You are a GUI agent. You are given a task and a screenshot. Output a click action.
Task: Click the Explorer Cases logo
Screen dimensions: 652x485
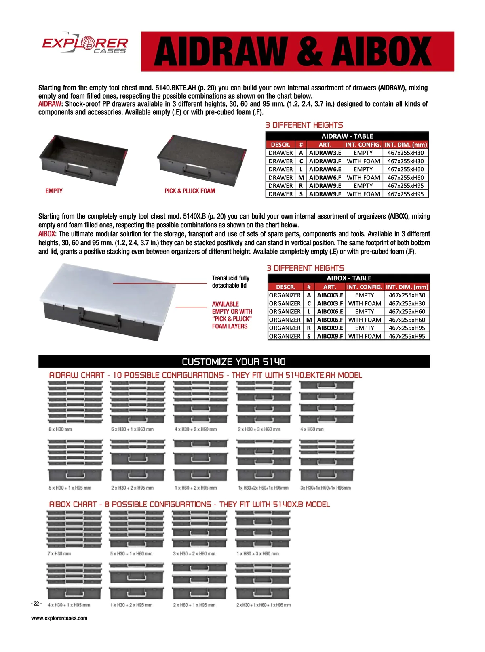(x=85, y=44)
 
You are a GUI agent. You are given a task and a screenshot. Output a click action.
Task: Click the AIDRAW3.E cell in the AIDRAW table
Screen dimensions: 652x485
(x=325, y=153)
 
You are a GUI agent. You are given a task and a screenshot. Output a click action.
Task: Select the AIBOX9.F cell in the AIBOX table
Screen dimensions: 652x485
(x=330, y=336)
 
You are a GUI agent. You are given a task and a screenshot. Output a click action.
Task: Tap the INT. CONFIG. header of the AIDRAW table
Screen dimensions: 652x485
(x=363, y=145)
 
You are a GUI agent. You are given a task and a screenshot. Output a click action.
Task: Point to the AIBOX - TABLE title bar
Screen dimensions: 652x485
(x=349, y=278)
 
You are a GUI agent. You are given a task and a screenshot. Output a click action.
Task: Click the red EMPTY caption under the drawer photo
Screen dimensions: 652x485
(x=54, y=191)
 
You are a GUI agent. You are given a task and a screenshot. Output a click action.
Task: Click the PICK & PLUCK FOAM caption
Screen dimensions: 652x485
(x=190, y=191)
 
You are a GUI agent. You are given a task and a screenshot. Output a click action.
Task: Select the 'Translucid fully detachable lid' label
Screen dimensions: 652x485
(x=231, y=282)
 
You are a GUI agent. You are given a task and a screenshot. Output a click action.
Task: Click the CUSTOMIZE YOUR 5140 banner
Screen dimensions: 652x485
(x=234, y=362)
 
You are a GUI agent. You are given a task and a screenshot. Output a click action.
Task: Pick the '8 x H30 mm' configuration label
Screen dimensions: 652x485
(x=60, y=429)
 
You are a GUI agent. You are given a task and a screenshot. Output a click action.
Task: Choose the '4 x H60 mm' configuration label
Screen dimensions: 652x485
(x=312, y=429)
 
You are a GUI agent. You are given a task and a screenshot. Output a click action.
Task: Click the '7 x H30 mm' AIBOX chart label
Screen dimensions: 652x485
(x=59, y=553)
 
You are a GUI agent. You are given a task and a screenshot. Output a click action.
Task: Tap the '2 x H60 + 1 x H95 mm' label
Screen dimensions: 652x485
(x=194, y=605)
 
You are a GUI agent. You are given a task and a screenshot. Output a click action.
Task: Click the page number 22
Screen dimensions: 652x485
(x=36, y=604)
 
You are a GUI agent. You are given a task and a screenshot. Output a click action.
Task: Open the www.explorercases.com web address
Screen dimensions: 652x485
(x=59, y=618)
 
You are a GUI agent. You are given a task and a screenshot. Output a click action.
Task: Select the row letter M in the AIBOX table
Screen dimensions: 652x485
(x=309, y=320)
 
